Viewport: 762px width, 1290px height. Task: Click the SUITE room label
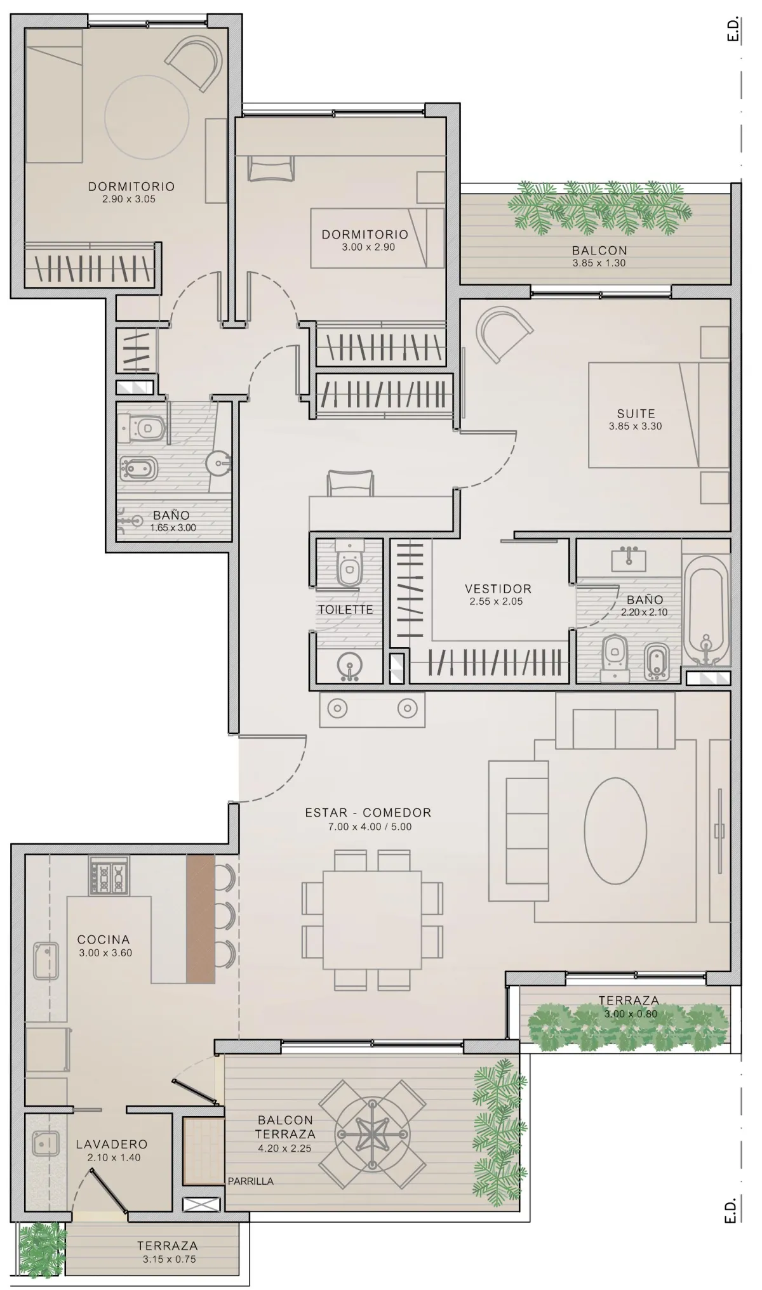click(x=636, y=414)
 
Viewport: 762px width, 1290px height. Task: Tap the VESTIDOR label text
click(x=498, y=589)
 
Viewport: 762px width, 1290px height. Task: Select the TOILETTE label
click(x=345, y=610)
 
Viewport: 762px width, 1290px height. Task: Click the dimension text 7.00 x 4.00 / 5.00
click(x=370, y=827)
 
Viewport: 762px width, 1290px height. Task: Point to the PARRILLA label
click(x=251, y=1181)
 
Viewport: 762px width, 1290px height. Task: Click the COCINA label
click(x=104, y=939)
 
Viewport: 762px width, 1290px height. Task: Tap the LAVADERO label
click(x=112, y=1144)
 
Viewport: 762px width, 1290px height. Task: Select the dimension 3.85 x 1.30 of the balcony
click(x=599, y=263)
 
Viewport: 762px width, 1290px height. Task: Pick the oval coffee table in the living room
click(x=615, y=830)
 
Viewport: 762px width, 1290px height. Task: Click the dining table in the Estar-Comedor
click(x=372, y=919)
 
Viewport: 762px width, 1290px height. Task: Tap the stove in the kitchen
click(x=109, y=875)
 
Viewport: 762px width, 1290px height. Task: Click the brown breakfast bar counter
click(x=201, y=919)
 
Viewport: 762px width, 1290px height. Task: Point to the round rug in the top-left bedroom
click(x=147, y=118)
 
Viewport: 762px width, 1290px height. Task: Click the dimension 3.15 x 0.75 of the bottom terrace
click(x=167, y=1259)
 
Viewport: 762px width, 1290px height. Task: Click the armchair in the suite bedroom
click(x=505, y=332)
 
